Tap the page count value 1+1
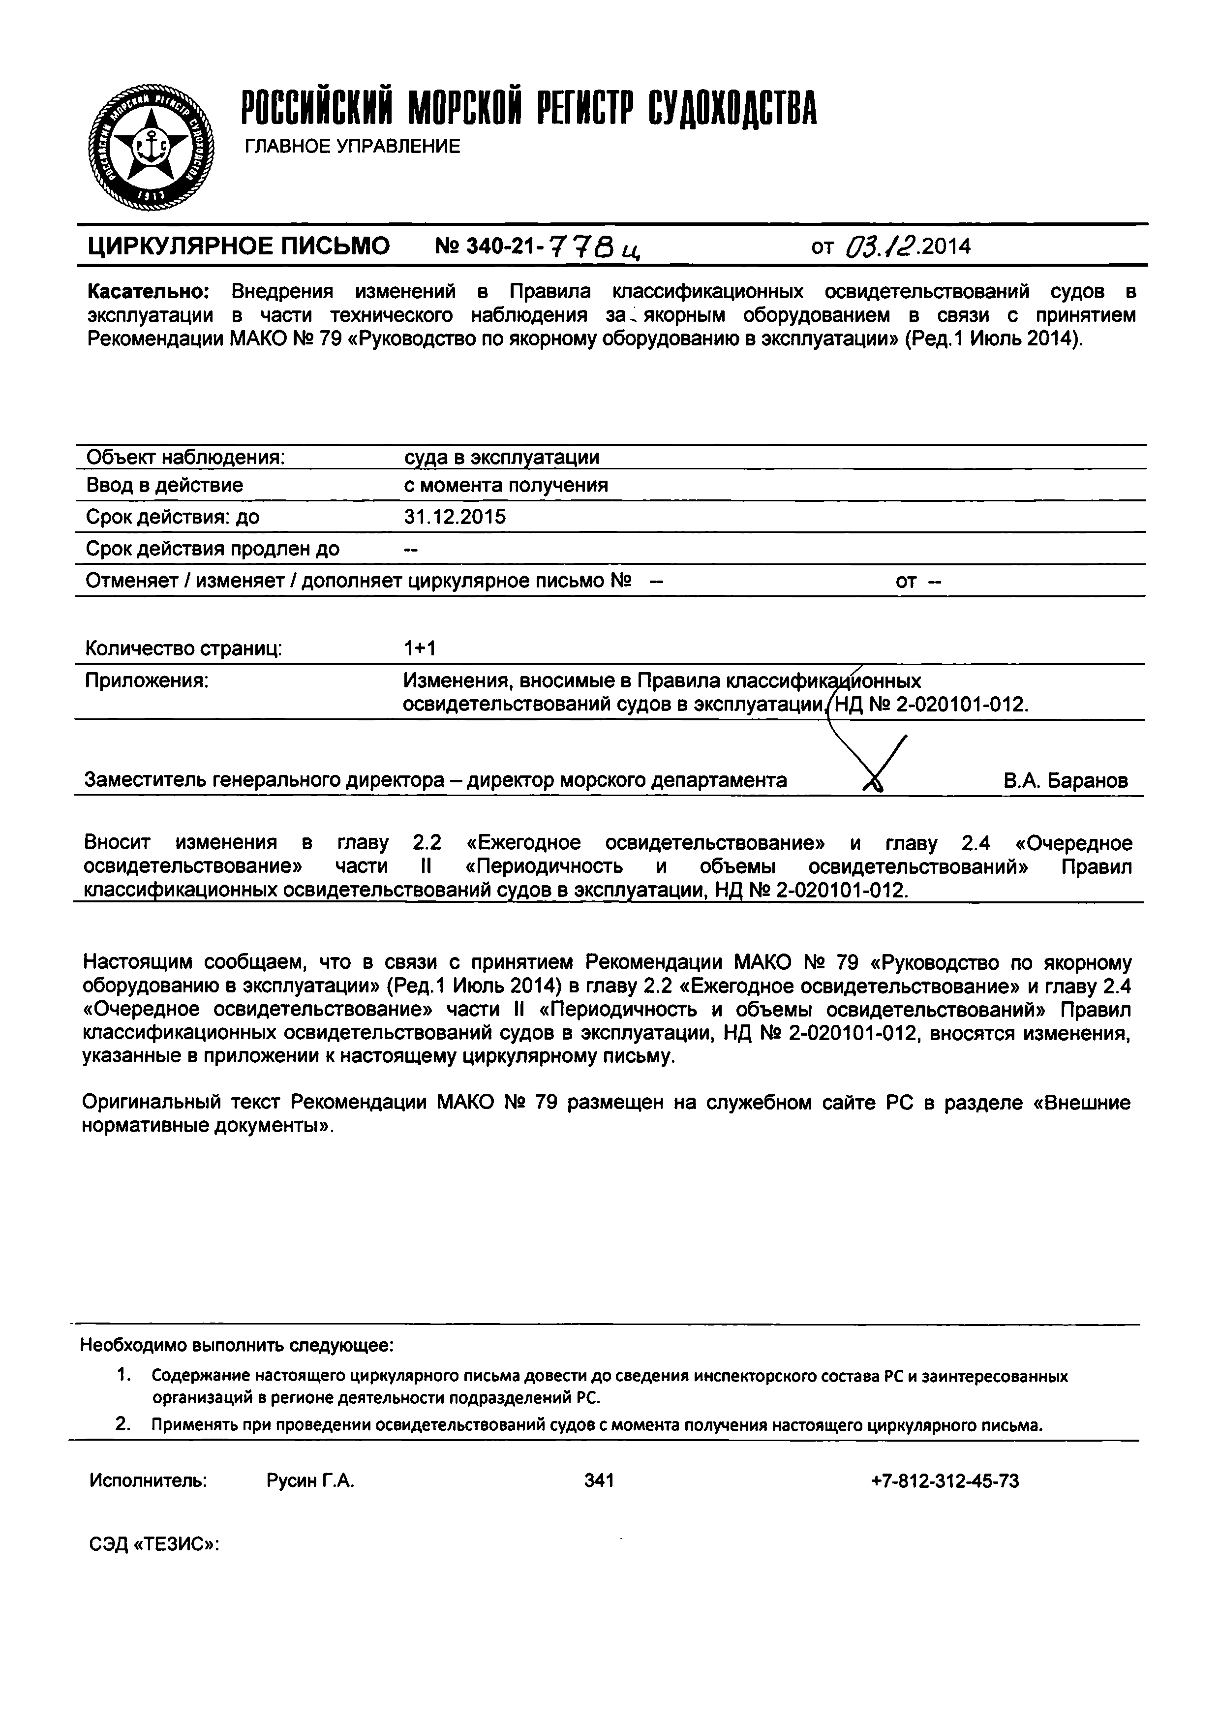tap(420, 648)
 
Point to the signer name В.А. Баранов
tap(1065, 781)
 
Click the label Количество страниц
tap(183, 648)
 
